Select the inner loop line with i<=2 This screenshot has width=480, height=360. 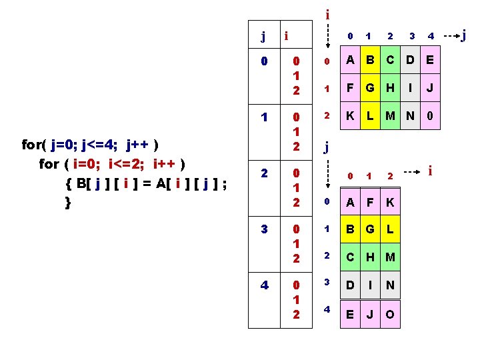pos(112,164)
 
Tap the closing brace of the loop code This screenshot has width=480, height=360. pos(67,203)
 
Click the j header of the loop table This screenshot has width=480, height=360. pos(264,36)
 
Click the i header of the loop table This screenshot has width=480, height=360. pos(285,36)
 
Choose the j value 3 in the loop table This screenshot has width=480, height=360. pos(264,229)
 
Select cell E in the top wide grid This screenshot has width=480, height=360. pos(431,61)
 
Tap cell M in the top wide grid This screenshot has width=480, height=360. pos(390,115)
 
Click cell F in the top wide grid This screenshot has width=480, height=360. pos(348,89)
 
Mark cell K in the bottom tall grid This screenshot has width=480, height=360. pos(389,202)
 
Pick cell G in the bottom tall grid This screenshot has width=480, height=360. pos(369,229)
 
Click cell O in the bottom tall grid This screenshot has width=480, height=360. pos(389,313)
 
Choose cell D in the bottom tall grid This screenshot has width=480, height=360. pos(348,285)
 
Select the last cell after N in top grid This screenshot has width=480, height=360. pos(431,115)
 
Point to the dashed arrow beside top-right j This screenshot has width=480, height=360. pos(451,35)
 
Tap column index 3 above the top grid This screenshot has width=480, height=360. pos(412,36)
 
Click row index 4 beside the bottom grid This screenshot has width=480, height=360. pos(327,309)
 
